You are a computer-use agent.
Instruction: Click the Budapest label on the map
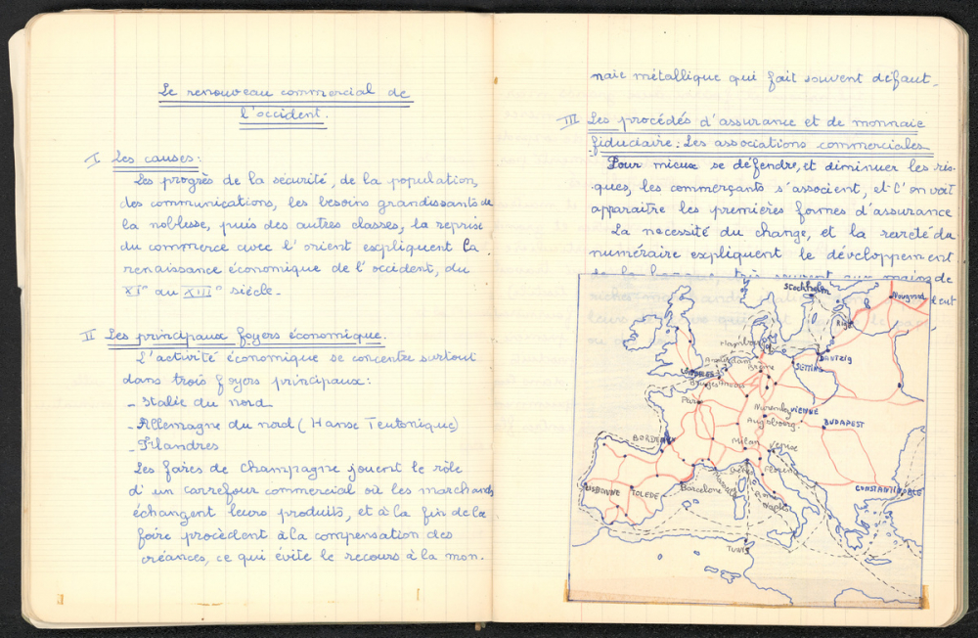[843, 424]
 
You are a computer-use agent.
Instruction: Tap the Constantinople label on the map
[888, 490]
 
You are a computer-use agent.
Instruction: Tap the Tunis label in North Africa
[735, 550]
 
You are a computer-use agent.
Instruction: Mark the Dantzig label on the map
[835, 359]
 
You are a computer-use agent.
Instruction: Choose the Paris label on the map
[691, 401]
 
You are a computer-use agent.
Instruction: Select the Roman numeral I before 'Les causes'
[94, 159]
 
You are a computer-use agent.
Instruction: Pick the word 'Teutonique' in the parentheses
[412, 425]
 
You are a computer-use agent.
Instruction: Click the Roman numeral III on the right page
[568, 122]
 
